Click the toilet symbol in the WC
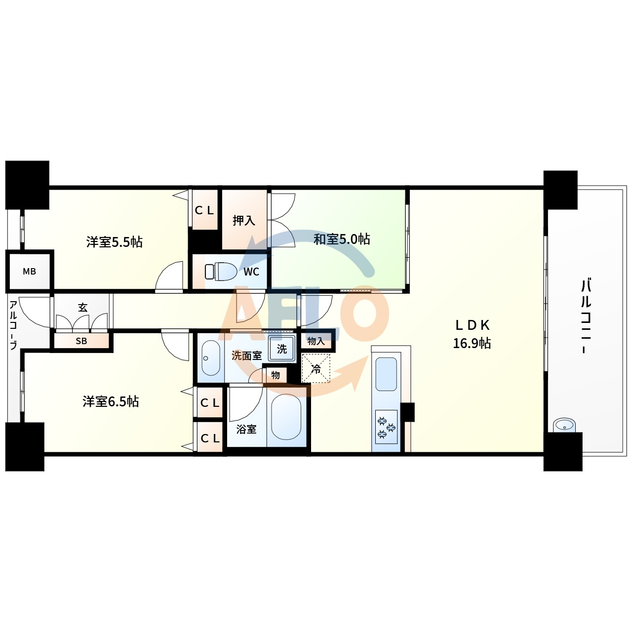point(221,271)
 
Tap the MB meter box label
point(29,272)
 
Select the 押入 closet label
point(244,220)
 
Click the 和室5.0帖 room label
point(342,239)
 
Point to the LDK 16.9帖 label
point(472,334)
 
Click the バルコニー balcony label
point(586,316)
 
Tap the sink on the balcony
point(564,426)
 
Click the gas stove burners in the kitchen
point(386,427)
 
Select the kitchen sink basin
point(386,374)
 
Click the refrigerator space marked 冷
point(316,368)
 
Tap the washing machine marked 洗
point(282,349)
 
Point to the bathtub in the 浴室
point(286,417)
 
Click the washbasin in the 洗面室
point(211,358)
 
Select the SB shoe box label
point(81,341)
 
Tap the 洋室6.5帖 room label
point(111,401)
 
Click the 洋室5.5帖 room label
point(115,242)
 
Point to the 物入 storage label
point(316,341)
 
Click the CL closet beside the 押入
point(204,210)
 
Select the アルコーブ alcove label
point(13,325)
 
